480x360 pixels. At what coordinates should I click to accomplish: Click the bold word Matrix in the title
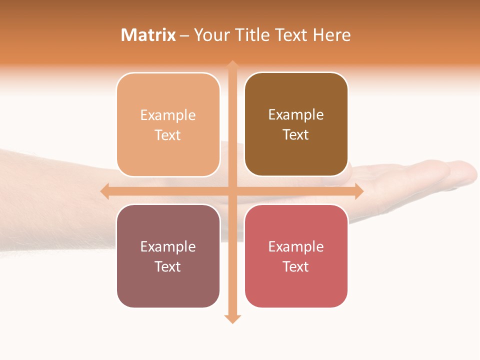(x=148, y=35)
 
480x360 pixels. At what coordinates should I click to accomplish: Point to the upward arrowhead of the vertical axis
(x=232, y=65)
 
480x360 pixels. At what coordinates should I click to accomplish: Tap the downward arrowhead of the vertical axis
(x=232, y=319)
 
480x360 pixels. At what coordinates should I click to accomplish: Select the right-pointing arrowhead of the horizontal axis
(x=359, y=191)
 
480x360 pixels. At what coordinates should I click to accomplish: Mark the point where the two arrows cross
(x=232, y=191)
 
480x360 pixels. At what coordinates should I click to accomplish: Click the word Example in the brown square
(x=296, y=115)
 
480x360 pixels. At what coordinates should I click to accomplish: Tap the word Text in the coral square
(x=296, y=266)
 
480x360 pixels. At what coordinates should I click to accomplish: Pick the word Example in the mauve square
(x=168, y=246)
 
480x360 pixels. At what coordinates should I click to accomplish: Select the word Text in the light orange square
(x=168, y=135)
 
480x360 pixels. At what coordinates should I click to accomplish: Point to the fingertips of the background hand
(x=467, y=172)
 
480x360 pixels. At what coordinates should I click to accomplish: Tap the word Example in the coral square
(x=296, y=246)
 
